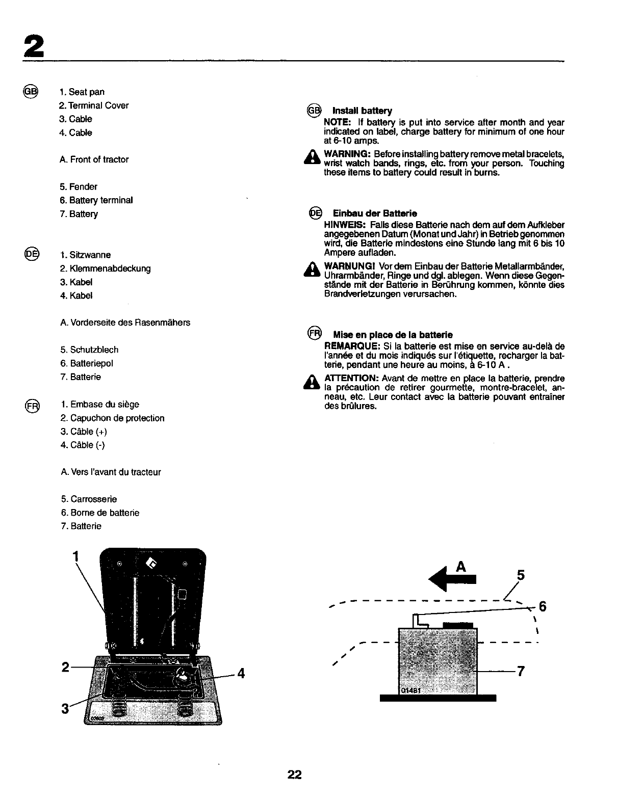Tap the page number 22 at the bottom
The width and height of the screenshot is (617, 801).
coord(294,775)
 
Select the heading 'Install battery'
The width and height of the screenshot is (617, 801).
coord(362,111)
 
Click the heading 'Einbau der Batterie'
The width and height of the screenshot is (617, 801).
coord(375,213)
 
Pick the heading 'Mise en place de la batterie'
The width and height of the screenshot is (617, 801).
coord(393,335)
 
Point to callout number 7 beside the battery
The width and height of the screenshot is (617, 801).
coord(520,671)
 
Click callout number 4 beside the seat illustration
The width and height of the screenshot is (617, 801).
coord(241,674)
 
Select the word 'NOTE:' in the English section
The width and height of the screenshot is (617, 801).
coord(336,122)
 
